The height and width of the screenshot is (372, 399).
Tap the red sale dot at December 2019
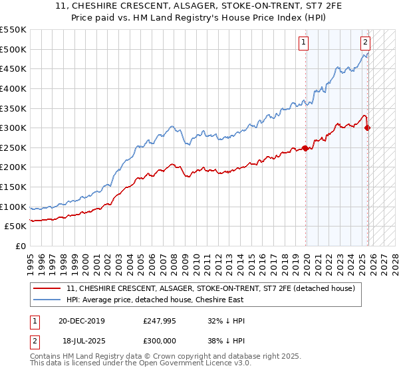point(305,148)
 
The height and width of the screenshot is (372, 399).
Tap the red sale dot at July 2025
point(368,128)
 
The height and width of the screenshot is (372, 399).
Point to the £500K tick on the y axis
point(13,49)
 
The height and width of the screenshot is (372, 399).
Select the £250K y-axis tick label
point(13,147)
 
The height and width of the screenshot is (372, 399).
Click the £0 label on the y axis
point(20,246)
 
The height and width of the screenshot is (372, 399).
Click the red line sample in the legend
point(48,288)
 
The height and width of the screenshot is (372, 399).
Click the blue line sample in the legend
point(48,300)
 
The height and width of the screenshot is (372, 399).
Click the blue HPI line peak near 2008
point(172,126)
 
